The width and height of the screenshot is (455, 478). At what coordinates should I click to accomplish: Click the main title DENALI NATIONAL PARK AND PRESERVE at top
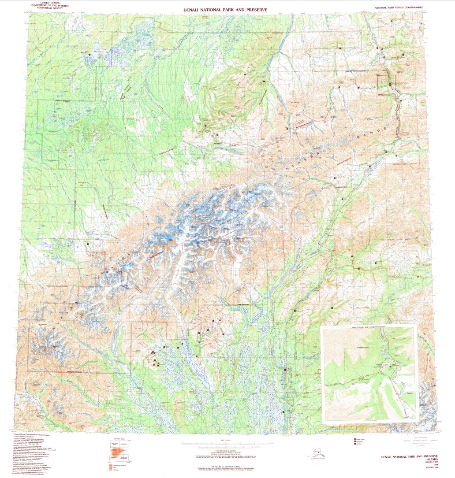225,9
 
